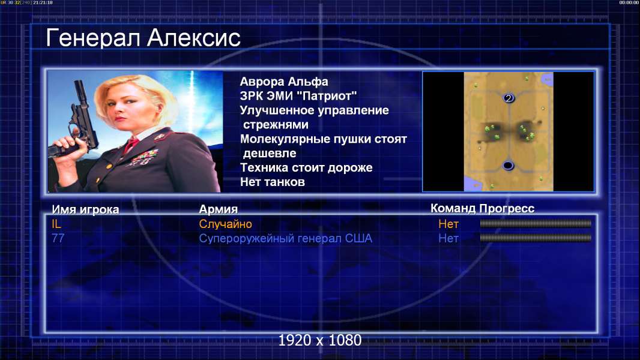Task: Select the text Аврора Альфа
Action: click(283, 82)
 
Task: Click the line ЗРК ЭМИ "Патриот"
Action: click(298, 96)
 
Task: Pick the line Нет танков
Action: click(272, 182)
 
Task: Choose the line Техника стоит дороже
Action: click(306, 167)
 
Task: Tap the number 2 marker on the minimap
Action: click(508, 98)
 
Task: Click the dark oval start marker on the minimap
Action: click(508, 166)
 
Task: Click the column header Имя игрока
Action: click(85, 209)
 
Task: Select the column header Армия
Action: click(219, 209)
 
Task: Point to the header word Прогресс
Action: click(507, 208)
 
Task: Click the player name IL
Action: click(56, 224)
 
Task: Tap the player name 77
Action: click(58, 238)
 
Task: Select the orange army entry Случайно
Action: click(225, 224)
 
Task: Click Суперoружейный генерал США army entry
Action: click(285, 239)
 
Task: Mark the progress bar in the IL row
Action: click(536, 223)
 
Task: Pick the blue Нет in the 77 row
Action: click(448, 238)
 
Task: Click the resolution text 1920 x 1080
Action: click(320, 340)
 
